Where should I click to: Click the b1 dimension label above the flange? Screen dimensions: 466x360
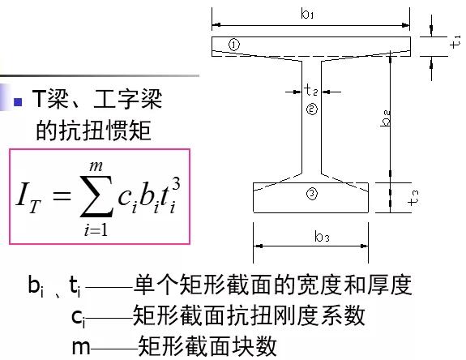pyautogui.click(x=307, y=14)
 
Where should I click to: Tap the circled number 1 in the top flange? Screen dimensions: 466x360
pyautogui.click(x=234, y=45)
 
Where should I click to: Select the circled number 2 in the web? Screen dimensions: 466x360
pyautogui.click(x=312, y=109)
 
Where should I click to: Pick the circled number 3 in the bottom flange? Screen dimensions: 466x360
pyautogui.click(x=312, y=194)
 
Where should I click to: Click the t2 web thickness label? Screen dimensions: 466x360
pyautogui.click(x=311, y=89)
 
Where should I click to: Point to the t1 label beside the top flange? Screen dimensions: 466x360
pyautogui.click(x=455, y=42)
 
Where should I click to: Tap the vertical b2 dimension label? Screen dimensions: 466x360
pyautogui.click(x=386, y=118)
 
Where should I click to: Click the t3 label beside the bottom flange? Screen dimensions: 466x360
pyautogui.click(x=413, y=198)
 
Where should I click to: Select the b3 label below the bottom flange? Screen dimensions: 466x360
pyautogui.click(x=322, y=237)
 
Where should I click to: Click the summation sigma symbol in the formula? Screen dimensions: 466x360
pyautogui.click(x=96, y=196)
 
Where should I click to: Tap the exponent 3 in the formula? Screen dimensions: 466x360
pyautogui.click(x=176, y=184)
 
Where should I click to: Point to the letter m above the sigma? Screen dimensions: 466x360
pyautogui.click(x=96, y=166)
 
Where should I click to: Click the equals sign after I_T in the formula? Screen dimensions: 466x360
pyautogui.click(x=62, y=196)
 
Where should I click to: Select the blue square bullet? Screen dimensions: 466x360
pyautogui.click(x=18, y=102)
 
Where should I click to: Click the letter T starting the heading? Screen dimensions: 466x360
pyautogui.click(x=39, y=98)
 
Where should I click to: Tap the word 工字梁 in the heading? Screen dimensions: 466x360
pyautogui.click(x=128, y=99)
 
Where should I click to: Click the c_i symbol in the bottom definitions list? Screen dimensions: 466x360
pyautogui.click(x=79, y=318)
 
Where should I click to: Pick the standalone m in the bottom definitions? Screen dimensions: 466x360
pyautogui.click(x=81, y=347)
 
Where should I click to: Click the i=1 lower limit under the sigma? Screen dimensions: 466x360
pyautogui.click(x=96, y=229)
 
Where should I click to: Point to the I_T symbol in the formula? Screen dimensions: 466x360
pyautogui.click(x=28, y=198)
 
